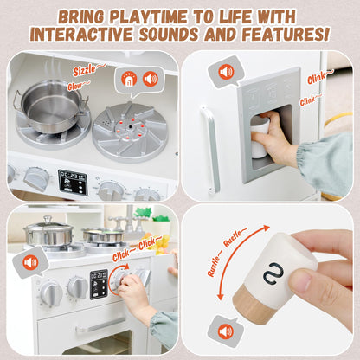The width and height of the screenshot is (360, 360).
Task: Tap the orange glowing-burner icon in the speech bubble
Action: [130, 78]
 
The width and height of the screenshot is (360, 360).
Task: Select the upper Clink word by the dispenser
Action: [317, 80]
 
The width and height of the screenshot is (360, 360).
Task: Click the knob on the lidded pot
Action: [48, 221]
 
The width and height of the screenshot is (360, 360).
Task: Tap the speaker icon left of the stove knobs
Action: [30, 261]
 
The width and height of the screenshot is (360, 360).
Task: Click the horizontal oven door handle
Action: [100, 327]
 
